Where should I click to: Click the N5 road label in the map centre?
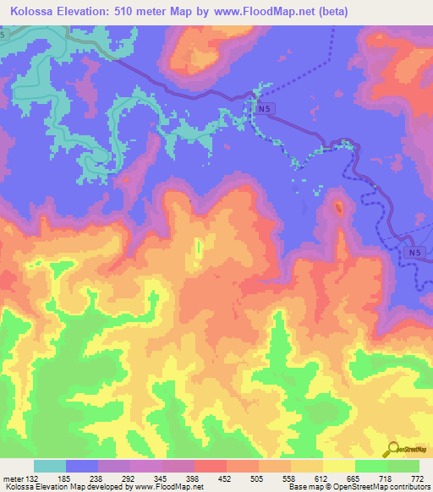tap(266, 109)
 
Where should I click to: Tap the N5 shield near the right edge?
tap(412, 252)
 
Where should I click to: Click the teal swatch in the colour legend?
tap(50, 466)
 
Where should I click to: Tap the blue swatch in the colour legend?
tap(82, 466)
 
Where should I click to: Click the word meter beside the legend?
tap(14, 478)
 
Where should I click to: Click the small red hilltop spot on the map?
tap(339, 206)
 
